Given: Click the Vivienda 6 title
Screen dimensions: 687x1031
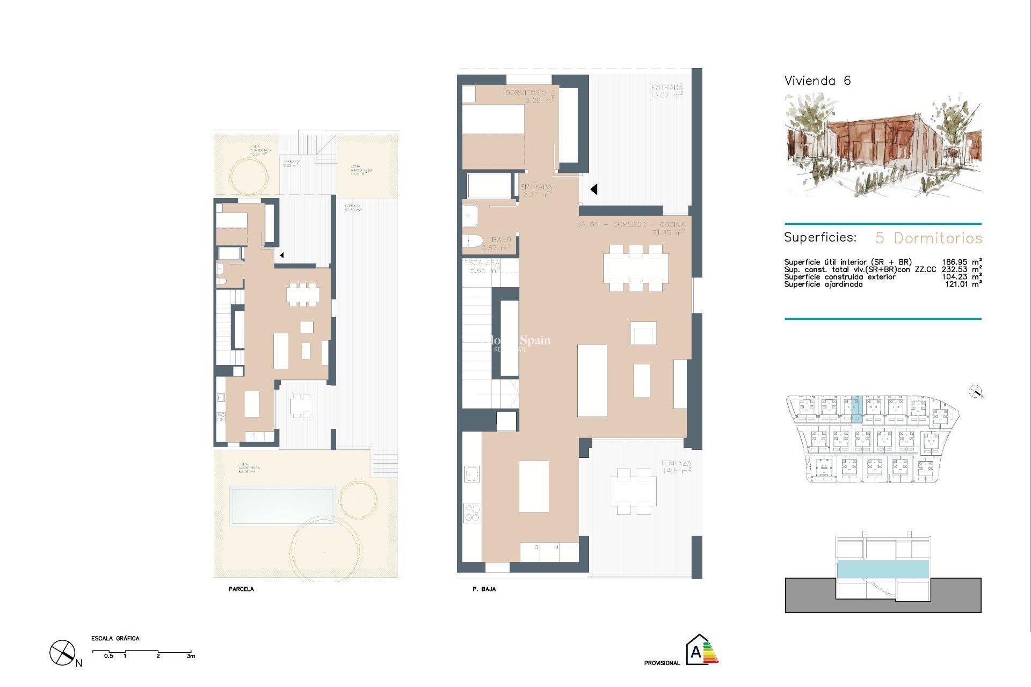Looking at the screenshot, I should pyautogui.click(x=817, y=81).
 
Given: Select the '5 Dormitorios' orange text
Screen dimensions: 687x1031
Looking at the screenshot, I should pyautogui.click(x=928, y=238).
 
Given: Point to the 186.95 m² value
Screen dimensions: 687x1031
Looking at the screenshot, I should pyautogui.click(x=961, y=262).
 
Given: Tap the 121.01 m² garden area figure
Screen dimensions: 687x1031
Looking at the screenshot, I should pyautogui.click(x=963, y=284).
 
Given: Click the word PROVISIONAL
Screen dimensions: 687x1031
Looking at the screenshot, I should pyautogui.click(x=662, y=663).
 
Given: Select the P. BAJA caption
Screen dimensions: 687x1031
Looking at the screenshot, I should pyautogui.click(x=484, y=589).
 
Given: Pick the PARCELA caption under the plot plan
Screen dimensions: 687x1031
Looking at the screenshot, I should pyautogui.click(x=241, y=589).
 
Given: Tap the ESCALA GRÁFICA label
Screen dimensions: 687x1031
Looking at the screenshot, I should pyautogui.click(x=115, y=639).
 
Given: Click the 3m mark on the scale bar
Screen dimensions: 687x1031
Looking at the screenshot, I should pyautogui.click(x=191, y=656).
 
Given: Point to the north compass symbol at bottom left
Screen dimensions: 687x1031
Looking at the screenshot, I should pyautogui.click(x=62, y=653).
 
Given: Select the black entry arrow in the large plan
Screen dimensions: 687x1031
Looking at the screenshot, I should pyautogui.click(x=593, y=189).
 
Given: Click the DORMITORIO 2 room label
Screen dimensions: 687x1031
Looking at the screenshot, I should pyautogui.click(x=529, y=93).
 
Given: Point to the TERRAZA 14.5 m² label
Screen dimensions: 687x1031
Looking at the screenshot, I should pyautogui.click(x=675, y=467).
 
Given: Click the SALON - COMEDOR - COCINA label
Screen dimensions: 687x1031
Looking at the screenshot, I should pyautogui.click(x=630, y=224).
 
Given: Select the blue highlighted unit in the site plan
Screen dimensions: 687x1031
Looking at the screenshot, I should pyautogui.click(x=855, y=406).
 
